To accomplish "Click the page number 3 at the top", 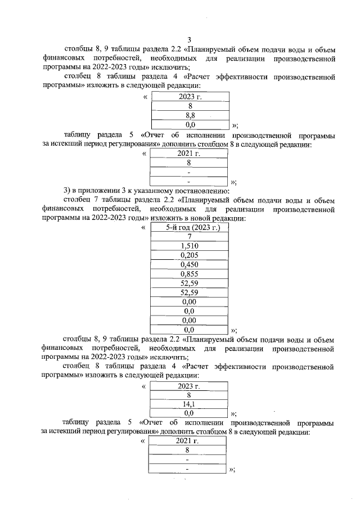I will point(190,39).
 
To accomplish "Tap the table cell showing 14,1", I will point(190,403).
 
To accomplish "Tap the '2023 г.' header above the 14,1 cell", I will point(190,385).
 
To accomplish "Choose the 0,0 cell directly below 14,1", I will point(190,412).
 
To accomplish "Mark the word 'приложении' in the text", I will point(94,192).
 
